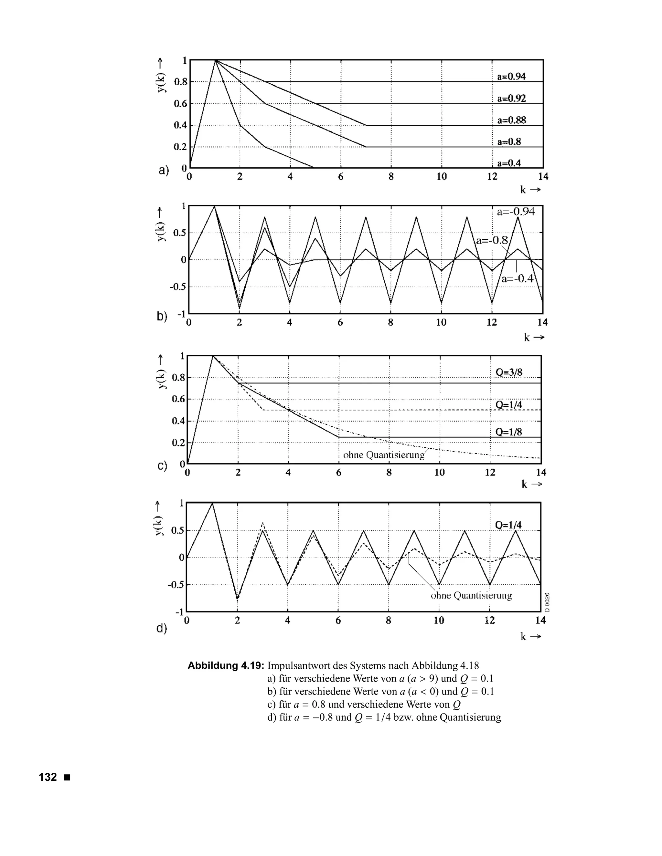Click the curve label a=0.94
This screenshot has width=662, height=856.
click(511, 77)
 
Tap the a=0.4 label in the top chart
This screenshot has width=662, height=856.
click(509, 163)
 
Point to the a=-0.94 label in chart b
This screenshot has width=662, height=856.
click(516, 212)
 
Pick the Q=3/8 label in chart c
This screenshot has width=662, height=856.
click(509, 372)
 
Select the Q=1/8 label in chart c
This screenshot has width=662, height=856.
click(509, 432)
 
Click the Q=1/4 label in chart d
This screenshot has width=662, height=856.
click(508, 525)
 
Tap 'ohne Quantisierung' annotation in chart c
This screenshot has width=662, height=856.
click(384, 455)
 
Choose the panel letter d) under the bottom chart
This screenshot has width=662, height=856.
click(162, 629)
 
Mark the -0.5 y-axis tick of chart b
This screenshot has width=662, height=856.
click(177, 287)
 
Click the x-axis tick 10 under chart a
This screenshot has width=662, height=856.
click(442, 177)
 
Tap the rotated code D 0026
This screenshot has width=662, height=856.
click(548, 602)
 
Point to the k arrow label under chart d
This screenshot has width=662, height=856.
click(531, 637)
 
